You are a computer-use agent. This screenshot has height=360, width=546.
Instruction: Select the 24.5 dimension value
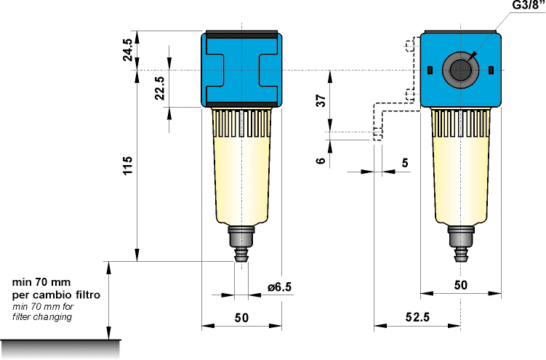point(128,50)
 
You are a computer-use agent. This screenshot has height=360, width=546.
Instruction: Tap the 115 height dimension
point(128,169)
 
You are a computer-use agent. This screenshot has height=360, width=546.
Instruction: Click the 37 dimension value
point(321,101)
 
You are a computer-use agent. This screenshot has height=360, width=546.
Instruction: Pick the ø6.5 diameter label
point(279,287)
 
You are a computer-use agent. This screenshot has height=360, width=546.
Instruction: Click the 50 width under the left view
point(241,317)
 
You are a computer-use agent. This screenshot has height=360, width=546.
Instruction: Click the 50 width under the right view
point(460,286)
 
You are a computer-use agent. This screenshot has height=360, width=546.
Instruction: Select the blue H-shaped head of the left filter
point(241,70)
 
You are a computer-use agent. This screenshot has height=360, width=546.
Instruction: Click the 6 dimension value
point(321,161)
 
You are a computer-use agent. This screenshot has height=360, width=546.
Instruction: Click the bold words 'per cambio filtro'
point(56,296)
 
